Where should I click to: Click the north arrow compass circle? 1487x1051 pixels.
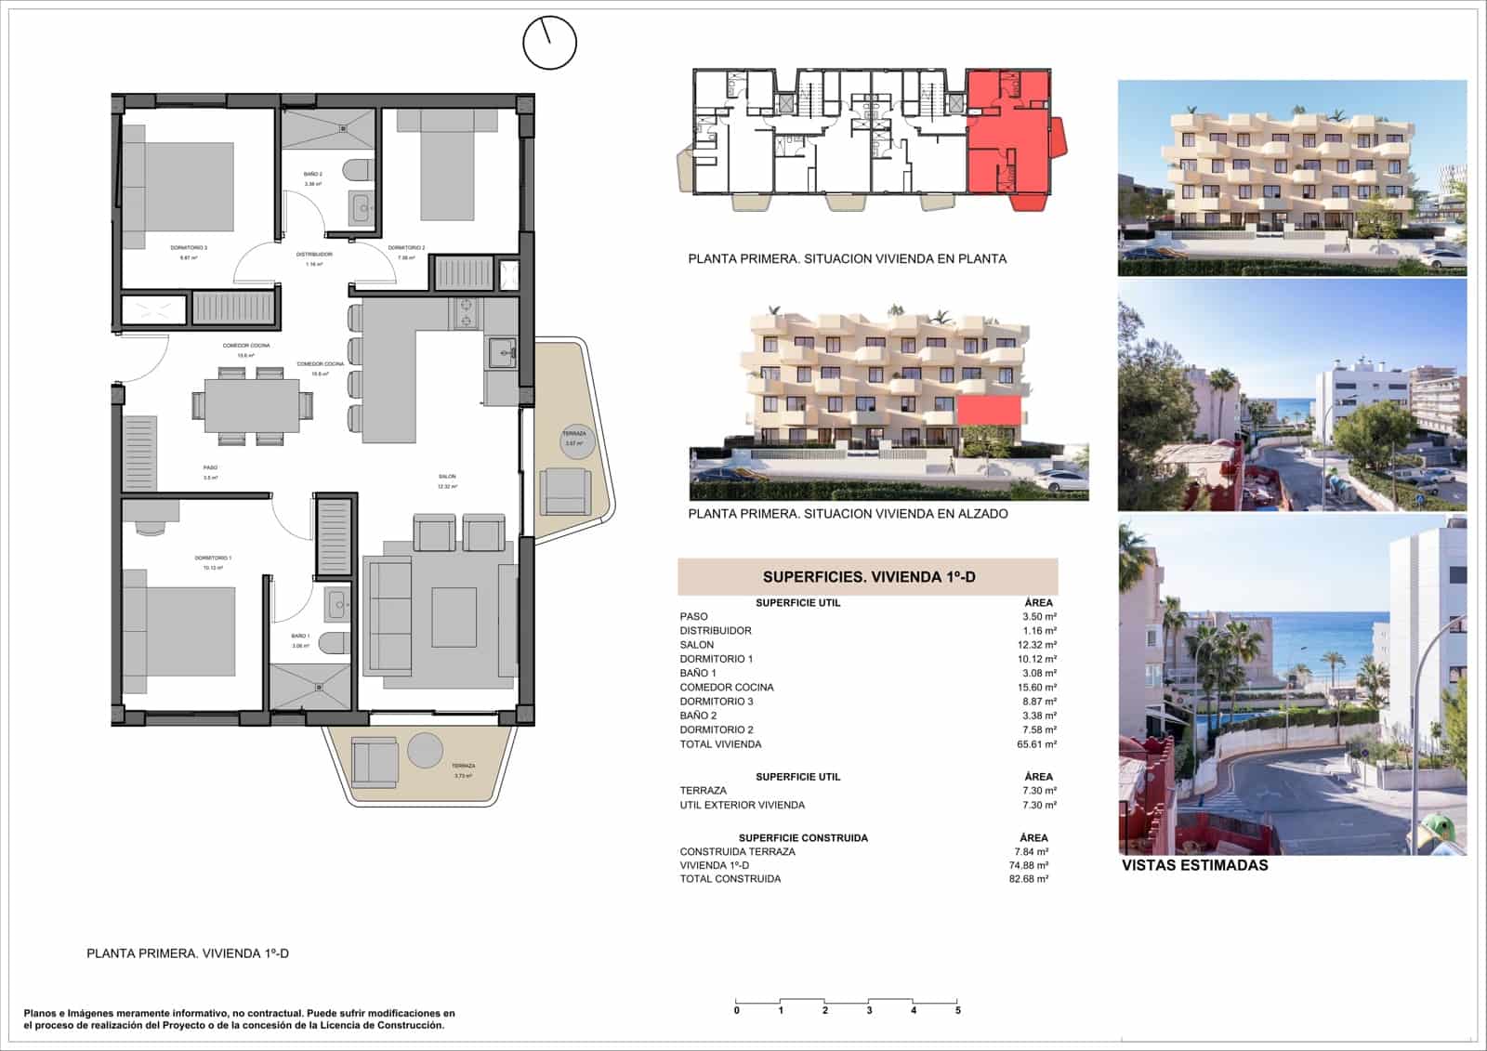point(549,43)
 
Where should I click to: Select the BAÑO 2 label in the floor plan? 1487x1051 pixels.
point(313,175)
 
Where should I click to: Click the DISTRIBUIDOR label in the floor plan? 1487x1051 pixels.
point(314,255)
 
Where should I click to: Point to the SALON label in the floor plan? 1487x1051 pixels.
point(447,477)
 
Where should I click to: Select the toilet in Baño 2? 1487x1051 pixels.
point(358,170)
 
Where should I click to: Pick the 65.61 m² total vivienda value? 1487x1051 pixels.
point(1036,744)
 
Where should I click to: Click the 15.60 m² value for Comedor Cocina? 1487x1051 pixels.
point(1036,688)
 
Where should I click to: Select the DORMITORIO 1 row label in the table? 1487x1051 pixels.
point(717,659)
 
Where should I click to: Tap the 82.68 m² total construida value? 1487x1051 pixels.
point(1029,879)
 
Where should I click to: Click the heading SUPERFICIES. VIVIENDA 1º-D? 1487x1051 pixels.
point(868,577)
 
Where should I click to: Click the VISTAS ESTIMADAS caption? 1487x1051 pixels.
point(1194,866)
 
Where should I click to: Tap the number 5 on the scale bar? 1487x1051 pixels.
point(957,1010)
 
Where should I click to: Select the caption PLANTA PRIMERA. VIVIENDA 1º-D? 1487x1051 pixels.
point(188,953)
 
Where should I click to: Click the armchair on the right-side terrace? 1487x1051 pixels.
point(566,492)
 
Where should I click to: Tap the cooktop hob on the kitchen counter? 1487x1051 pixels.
point(465,312)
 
